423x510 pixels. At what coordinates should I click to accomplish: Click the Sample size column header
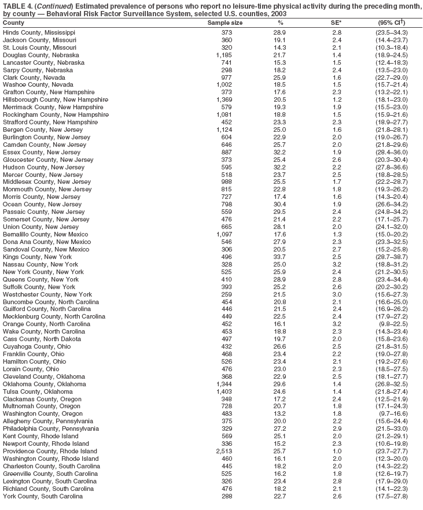tap(225, 23)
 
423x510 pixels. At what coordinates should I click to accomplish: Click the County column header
tap(14, 23)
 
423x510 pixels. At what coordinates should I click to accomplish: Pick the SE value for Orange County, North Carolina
tap(337, 324)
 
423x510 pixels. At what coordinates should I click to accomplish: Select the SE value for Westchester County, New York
tap(337, 294)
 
